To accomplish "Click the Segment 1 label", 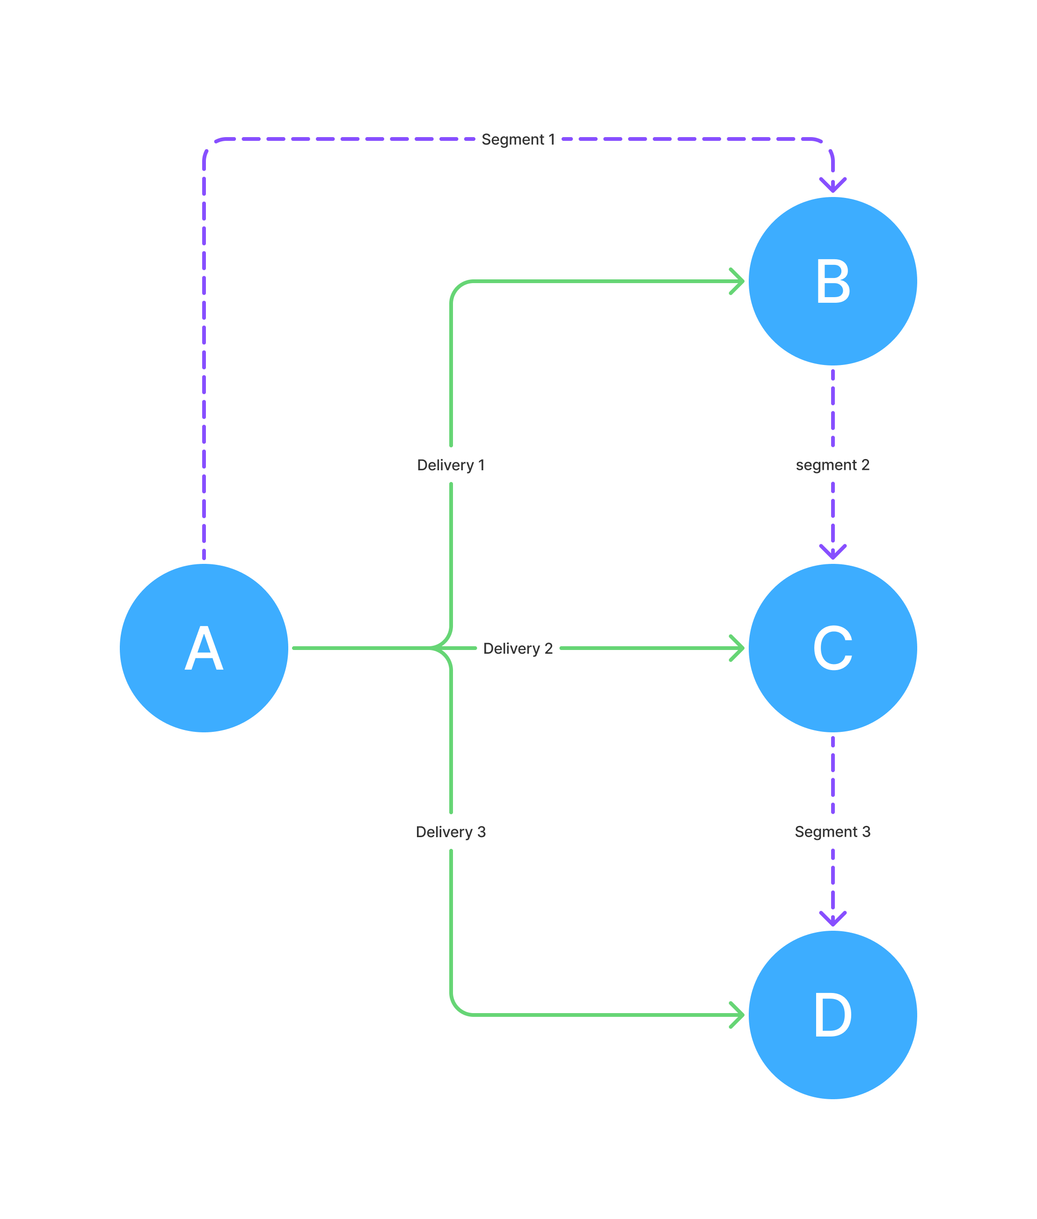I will coord(518,139).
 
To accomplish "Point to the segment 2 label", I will coord(833,465).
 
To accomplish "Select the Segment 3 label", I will coord(833,832).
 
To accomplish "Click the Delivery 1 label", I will coord(451,465).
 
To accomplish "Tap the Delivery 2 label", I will coord(518,648).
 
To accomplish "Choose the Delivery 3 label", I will coord(451,832).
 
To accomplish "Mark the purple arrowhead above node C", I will coord(833,552).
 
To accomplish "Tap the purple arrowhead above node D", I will coord(833,919).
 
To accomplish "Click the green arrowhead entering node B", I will coord(737,282).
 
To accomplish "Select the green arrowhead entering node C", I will coord(737,648).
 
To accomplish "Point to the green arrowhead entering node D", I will coord(737,1015).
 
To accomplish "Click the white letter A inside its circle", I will coord(204,648).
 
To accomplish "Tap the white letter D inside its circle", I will coord(833,1015).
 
